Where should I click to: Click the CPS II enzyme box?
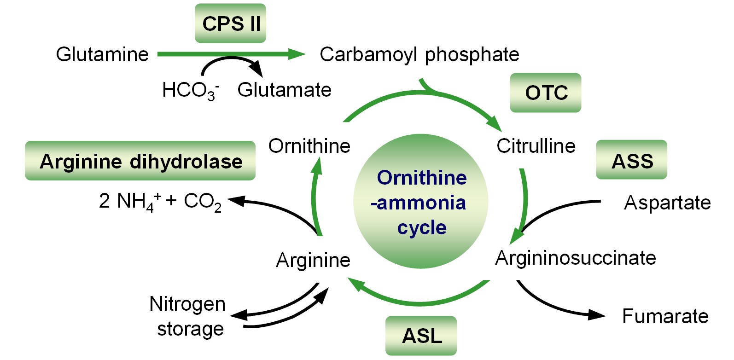click(x=230, y=23)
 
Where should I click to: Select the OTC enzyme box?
click(x=546, y=93)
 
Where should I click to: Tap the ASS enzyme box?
click(x=631, y=160)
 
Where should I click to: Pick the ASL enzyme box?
click(x=421, y=336)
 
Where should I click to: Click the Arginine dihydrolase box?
click(x=140, y=161)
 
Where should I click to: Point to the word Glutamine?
click(x=102, y=54)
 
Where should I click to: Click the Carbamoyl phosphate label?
click(x=419, y=54)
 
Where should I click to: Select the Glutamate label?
click(x=284, y=90)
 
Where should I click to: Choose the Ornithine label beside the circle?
click(x=309, y=146)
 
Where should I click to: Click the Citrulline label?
click(x=536, y=146)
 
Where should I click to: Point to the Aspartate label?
click(x=667, y=203)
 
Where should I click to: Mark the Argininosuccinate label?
click(x=575, y=258)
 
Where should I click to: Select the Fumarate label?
click(x=665, y=316)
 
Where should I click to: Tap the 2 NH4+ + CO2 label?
click(x=160, y=202)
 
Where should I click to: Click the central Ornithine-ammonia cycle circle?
click(x=421, y=202)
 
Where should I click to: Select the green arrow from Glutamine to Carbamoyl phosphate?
click(x=230, y=54)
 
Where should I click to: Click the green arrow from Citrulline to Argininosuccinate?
click(x=524, y=203)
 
